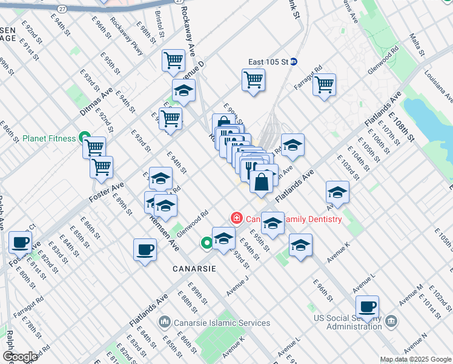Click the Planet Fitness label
coord(49,138)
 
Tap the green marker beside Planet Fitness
coord(84,138)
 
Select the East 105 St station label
coord(268,62)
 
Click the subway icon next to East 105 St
coord(293,62)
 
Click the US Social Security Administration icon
coord(391,320)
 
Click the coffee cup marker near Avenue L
coord(367,306)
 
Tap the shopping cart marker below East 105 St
coord(253,79)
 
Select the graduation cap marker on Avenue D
coord(184,91)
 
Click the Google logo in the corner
coord(19,357)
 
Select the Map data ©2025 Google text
coord(415,359)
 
